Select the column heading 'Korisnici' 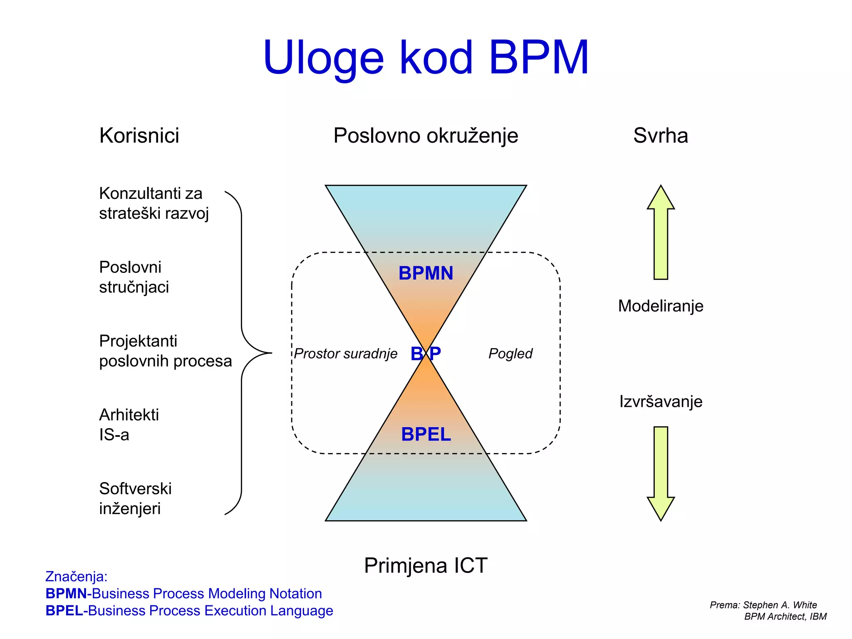pos(139,136)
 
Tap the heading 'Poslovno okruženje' pos(426,136)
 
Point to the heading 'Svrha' pos(660,136)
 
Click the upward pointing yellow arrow pos(661,233)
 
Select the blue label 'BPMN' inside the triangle pos(426,273)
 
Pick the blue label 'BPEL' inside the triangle pos(426,434)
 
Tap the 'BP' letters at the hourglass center pos(426,354)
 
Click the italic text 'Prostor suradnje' pos(345,354)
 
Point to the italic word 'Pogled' pos(510,354)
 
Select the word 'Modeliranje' pos(660,306)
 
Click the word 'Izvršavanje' pos(660,401)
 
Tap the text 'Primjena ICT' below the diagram pos(426,565)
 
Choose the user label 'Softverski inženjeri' pos(135,498)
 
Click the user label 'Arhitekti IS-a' pos(129,424)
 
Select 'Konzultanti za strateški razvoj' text pos(154,203)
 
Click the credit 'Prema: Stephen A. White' pos(763,605)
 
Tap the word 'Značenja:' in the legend pos(76,577)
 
